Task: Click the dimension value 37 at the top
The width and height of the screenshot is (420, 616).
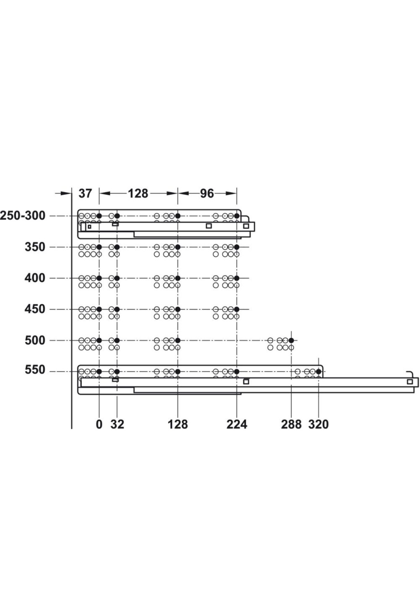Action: click(x=85, y=193)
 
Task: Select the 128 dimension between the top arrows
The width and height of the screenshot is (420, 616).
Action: click(x=138, y=193)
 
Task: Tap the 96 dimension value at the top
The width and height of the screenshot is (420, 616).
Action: click(x=207, y=193)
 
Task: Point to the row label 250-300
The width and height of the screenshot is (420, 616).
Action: click(x=23, y=216)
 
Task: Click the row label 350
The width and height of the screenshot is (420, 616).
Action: click(x=35, y=247)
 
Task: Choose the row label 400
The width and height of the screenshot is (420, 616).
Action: click(x=35, y=278)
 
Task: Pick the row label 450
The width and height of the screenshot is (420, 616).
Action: click(x=35, y=309)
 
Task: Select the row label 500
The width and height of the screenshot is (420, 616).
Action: click(x=35, y=340)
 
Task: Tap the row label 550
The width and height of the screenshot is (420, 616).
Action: click(x=35, y=370)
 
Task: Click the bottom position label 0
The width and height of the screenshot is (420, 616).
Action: click(x=99, y=424)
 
